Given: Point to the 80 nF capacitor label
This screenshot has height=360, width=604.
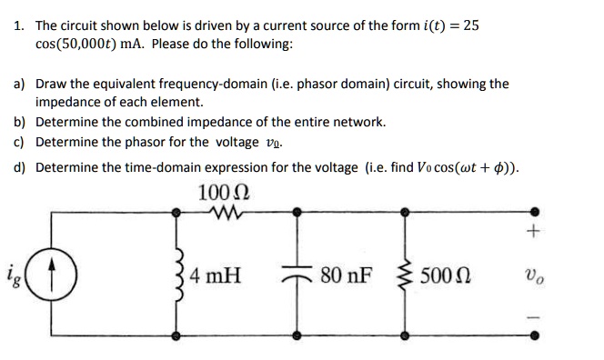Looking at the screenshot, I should pos(346,273).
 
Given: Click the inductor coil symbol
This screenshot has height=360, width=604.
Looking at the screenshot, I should pos(178,273).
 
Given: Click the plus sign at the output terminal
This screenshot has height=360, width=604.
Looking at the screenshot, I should pos(532,232).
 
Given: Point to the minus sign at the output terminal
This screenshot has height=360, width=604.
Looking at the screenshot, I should pos(533,314).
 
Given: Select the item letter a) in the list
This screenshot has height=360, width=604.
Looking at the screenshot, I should pos(19,84).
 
